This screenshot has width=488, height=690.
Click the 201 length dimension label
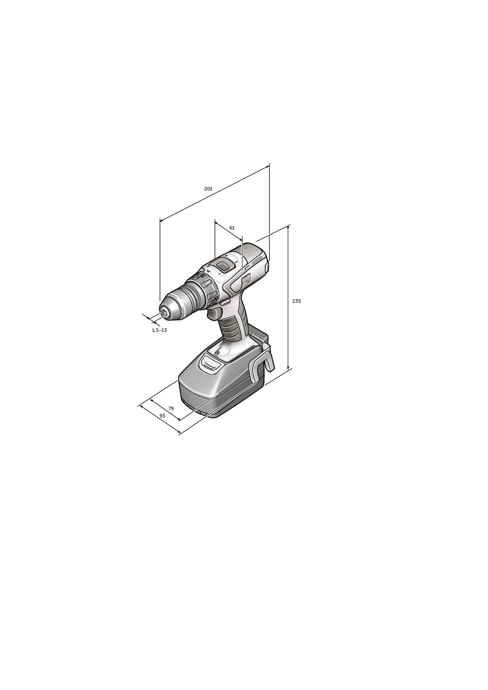click(208, 189)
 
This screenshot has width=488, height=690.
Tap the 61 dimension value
click(232, 227)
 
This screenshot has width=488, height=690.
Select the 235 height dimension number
click(296, 301)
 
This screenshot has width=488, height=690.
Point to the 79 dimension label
click(171, 408)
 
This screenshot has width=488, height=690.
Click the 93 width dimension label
click(162, 415)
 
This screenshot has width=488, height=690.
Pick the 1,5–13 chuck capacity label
click(159, 330)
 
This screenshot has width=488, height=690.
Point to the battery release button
click(209, 363)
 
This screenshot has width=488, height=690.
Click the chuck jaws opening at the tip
click(164, 313)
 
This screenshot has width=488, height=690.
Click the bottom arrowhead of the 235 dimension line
click(289, 368)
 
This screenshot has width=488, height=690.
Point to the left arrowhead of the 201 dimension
click(161, 221)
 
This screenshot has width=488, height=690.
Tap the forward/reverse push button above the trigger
click(225, 302)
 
